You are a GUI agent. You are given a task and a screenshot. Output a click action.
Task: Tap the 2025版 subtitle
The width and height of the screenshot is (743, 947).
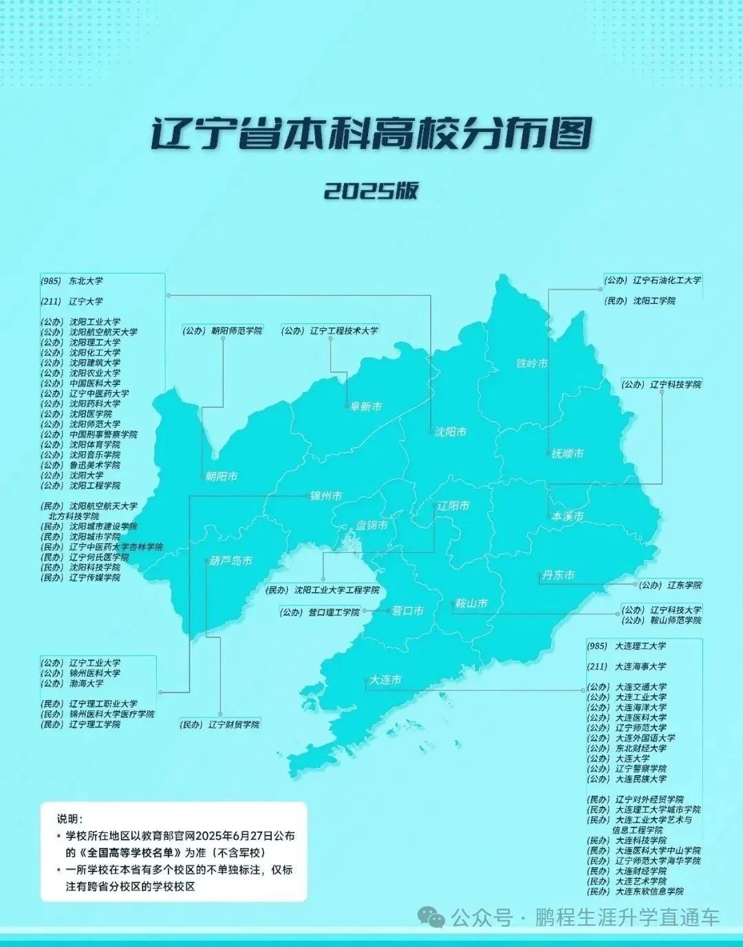371,191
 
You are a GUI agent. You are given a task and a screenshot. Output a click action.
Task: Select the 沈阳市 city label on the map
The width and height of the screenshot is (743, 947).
451,432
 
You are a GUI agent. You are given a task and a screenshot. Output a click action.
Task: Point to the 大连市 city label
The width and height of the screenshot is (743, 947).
385,679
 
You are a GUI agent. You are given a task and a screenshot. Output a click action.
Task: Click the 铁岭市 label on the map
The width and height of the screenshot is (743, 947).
532,363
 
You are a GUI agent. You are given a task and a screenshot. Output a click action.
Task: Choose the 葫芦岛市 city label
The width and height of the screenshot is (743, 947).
232,560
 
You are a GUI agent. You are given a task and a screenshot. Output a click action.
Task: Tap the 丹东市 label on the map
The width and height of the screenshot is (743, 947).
558,575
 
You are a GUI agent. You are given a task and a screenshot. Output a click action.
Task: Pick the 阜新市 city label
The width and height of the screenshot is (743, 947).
366,406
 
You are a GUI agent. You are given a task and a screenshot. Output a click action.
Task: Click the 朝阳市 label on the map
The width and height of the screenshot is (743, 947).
222,476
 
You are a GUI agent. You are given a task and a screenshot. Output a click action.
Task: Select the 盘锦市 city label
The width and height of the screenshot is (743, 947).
371,525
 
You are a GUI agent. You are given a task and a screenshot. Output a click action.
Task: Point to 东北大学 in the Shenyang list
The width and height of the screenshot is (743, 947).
85,281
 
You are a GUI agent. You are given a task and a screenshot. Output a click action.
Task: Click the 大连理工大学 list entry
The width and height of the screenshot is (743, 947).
640,646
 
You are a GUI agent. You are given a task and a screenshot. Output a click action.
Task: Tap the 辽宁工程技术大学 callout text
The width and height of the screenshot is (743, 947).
343,331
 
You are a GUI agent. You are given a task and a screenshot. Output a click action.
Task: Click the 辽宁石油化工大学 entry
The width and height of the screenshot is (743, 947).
666,281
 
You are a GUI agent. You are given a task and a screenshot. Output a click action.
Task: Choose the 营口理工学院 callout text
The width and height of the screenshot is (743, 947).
333,612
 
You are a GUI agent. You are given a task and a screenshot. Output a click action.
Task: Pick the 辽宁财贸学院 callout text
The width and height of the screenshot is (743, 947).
233,725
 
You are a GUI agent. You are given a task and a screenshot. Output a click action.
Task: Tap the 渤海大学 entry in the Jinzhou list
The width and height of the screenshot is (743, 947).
86,684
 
